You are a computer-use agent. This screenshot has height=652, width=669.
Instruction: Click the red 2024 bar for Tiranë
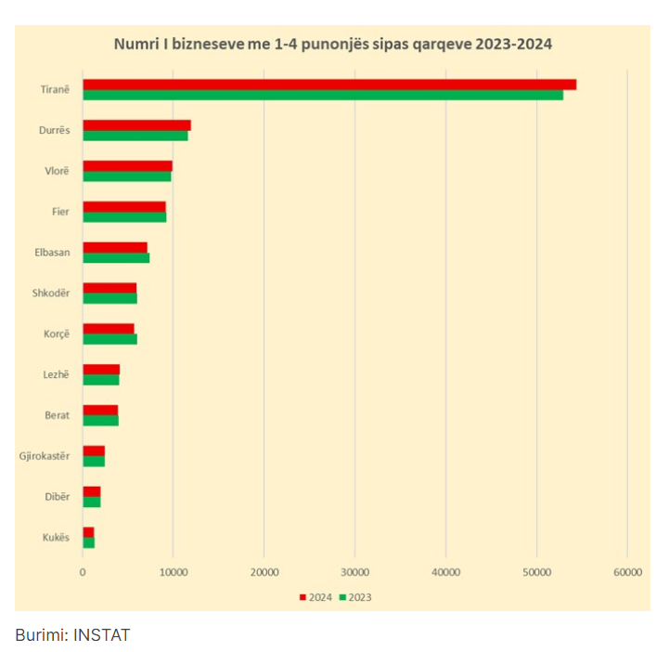(x=329, y=85)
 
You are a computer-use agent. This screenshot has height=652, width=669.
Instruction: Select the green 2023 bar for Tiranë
(x=323, y=95)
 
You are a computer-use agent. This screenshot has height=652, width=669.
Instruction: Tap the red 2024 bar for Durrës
(x=136, y=125)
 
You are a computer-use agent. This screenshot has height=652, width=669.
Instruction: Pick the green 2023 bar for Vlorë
(x=127, y=176)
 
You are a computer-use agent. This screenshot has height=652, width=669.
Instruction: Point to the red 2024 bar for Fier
(x=124, y=206)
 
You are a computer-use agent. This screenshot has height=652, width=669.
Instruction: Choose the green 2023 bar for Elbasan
(x=116, y=257)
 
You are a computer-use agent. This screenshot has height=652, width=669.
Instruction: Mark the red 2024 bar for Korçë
(x=109, y=328)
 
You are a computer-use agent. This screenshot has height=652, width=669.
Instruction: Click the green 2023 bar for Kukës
(x=89, y=542)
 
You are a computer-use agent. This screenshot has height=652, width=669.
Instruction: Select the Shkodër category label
(x=51, y=293)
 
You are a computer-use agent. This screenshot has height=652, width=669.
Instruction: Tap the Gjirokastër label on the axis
(x=45, y=456)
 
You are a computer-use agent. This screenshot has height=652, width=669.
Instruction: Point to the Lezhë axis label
(x=56, y=374)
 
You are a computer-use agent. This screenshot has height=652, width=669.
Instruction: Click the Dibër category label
(x=57, y=497)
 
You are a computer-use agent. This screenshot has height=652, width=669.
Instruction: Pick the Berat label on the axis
(x=57, y=415)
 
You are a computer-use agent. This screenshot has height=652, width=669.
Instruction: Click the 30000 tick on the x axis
(x=355, y=573)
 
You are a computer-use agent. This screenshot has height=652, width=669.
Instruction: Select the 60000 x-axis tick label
(x=626, y=573)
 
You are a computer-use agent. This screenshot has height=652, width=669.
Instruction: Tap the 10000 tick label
(x=174, y=573)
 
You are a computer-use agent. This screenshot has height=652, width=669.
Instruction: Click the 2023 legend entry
(x=355, y=597)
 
